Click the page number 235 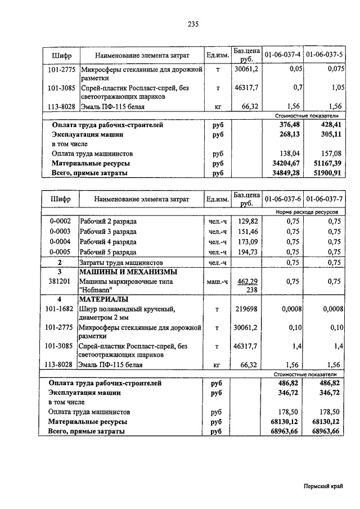point(193,24)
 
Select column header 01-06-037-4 point(282,55)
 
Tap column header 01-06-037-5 point(325,55)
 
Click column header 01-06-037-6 point(282,199)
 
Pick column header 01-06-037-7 point(325,199)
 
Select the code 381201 point(59,281)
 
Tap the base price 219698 point(246,309)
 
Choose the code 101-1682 point(59,309)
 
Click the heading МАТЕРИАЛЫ point(103,299)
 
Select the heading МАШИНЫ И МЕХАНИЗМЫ point(124,272)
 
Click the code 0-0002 point(59,222)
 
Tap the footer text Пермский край point(323,488)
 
